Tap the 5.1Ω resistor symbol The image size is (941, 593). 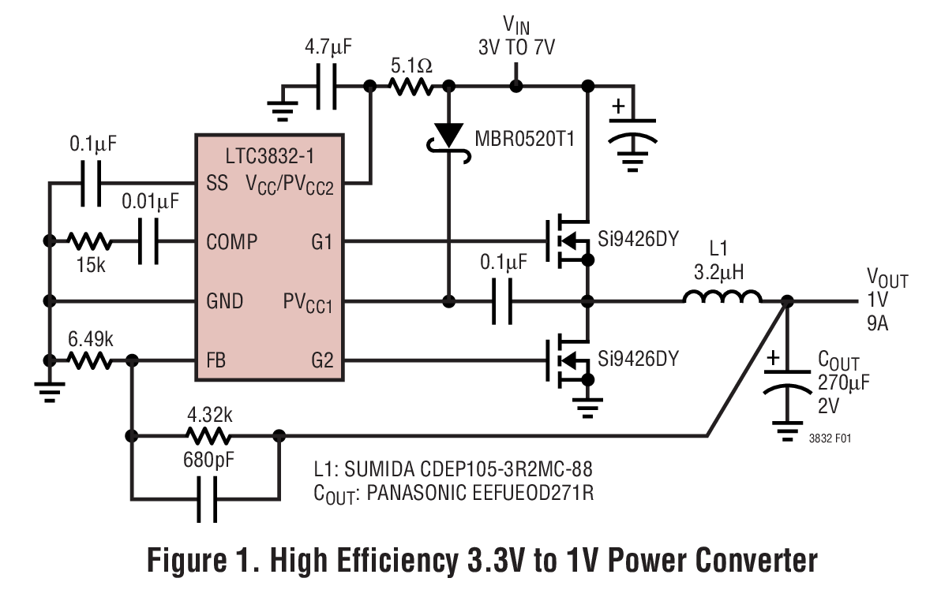point(409,86)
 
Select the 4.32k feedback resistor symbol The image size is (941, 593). point(208,435)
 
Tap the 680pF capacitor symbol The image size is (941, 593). point(208,498)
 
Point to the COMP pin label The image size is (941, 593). point(231,241)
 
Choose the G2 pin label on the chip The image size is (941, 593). point(322,361)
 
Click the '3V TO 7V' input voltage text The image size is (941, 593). point(516,47)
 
